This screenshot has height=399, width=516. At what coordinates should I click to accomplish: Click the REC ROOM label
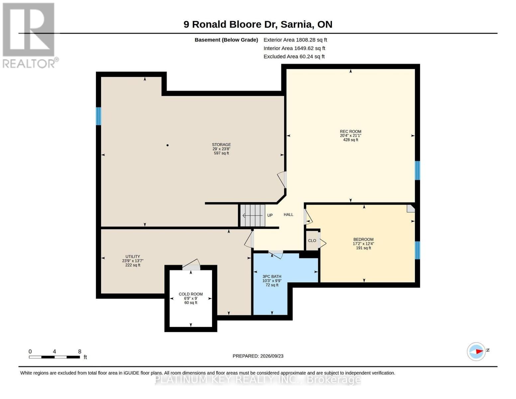pyautogui.click(x=351, y=131)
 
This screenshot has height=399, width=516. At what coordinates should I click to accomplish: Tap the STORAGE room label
pyautogui.click(x=221, y=145)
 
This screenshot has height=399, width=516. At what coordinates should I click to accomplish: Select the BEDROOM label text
pyautogui.click(x=363, y=239)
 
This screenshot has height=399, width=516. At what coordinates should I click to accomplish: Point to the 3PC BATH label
pyautogui.click(x=272, y=276)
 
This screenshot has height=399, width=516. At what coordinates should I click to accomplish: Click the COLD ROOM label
pyautogui.click(x=191, y=294)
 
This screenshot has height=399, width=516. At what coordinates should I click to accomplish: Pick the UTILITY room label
pyautogui.click(x=133, y=256)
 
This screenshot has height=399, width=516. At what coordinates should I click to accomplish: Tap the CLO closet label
pyautogui.click(x=312, y=240)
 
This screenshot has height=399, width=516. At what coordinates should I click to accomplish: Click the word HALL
pyautogui.click(x=288, y=214)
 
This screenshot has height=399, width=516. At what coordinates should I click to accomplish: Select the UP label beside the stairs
pyautogui.click(x=270, y=215)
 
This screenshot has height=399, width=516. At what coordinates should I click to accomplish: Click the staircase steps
pyautogui.click(x=253, y=215)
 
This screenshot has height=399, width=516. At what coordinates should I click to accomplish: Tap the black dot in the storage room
pyautogui.click(x=167, y=145)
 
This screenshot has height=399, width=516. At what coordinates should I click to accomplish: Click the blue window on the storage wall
pyautogui.click(x=99, y=116)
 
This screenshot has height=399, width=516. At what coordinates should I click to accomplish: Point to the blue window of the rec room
pyautogui.click(x=417, y=170)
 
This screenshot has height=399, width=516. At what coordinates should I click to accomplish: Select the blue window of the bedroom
pyautogui.click(x=417, y=250)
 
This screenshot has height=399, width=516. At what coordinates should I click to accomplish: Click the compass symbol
pyautogui.click(x=476, y=352)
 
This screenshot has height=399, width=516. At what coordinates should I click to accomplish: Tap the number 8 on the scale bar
pyautogui.click(x=79, y=351)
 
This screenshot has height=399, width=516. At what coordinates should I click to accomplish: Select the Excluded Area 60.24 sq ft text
pyautogui.click(x=294, y=57)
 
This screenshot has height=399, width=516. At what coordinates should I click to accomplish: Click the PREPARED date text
pyautogui.click(x=258, y=356)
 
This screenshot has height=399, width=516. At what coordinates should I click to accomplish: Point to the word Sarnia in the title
pyautogui.click(x=296, y=25)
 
